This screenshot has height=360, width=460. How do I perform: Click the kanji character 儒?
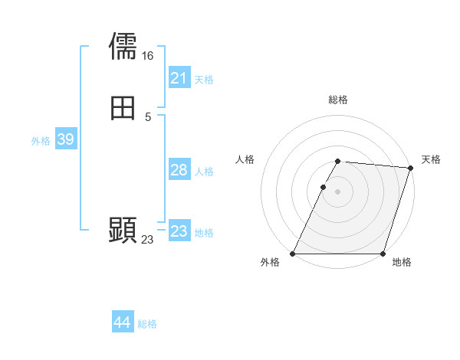pos(123,46)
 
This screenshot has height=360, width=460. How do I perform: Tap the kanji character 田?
pos(123,108)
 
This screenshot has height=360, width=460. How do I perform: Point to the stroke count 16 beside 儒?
pos(147,55)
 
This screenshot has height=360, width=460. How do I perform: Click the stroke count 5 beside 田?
pos(147,117)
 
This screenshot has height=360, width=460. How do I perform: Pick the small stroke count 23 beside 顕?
pos(147,240)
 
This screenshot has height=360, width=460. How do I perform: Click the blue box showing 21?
pos(179,77)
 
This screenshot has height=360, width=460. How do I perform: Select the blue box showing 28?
pos(179,170)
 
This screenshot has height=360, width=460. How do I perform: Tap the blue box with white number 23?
pos(179,231)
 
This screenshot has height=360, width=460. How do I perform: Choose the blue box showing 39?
pos(65,139)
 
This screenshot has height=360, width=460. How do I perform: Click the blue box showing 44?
pos(123,322)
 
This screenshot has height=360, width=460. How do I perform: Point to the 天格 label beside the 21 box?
pos(204,79)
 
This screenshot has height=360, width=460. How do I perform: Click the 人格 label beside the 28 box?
pos(204,172)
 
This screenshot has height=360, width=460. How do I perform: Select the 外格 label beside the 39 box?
pos(41,141)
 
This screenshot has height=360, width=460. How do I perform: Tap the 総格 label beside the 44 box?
pos(147,324)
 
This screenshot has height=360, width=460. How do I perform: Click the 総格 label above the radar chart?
pos(337,100)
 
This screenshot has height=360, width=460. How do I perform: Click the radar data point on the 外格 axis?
pos(293,254)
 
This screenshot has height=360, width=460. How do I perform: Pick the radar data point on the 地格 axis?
pos(383,254)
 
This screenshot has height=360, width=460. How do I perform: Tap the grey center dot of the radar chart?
pos(337,191)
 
